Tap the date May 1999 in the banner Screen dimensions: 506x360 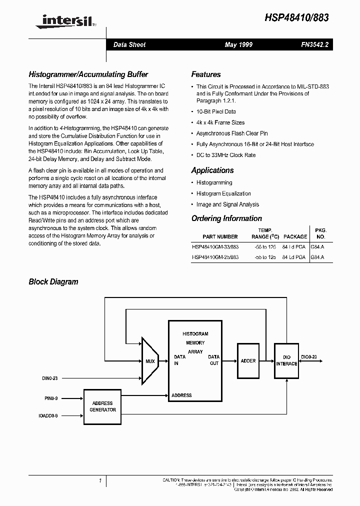238,45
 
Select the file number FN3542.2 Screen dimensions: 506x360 314,45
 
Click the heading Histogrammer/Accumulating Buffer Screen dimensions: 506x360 88,74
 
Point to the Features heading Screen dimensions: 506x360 206,74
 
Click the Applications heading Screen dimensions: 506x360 212,170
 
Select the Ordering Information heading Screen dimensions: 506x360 226,218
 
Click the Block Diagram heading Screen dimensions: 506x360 53,282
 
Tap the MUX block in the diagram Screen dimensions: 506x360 150,361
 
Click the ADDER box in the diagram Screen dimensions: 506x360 248,360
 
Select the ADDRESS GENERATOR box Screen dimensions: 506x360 102,406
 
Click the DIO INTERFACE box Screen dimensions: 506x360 286,360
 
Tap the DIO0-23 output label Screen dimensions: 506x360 308,357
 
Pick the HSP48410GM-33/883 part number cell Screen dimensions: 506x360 215,246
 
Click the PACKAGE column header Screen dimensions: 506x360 295,236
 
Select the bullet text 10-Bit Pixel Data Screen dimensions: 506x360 216,111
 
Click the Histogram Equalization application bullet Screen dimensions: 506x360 223,193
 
